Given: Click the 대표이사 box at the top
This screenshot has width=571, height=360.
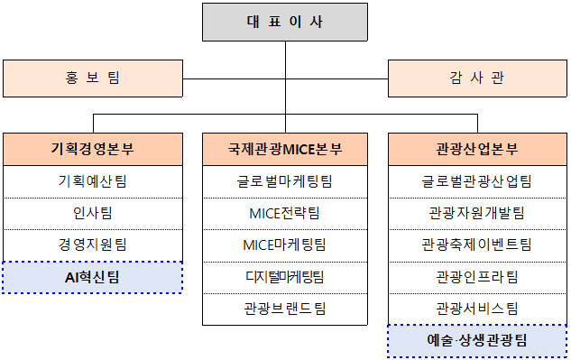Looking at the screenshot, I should [284, 22].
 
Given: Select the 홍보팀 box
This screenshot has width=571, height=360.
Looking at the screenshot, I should [92, 78].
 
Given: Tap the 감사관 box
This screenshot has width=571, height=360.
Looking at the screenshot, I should [477, 78].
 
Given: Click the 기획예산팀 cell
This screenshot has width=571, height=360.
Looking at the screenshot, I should [92, 181].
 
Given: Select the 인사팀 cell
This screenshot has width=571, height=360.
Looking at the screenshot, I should [92, 213].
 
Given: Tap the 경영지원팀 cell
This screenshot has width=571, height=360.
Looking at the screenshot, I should [92, 245].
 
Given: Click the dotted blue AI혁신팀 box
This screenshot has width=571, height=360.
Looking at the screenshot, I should [92, 277].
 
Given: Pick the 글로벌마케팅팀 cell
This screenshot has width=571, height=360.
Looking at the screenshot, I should [285, 181].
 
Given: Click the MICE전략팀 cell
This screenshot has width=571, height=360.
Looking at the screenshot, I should [285, 213].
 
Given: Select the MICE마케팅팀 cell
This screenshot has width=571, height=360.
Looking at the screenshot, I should [285, 245].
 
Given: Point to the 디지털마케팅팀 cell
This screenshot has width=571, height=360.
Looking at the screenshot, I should [285, 276].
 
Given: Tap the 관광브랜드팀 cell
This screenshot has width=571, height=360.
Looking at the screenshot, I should [285, 308].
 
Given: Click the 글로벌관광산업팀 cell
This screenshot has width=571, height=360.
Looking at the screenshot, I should [477, 181].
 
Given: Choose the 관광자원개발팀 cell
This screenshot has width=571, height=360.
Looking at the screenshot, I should [477, 213].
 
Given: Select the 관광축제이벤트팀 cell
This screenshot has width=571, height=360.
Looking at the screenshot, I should [477, 245].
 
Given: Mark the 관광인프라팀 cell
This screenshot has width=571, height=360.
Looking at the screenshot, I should [477, 276].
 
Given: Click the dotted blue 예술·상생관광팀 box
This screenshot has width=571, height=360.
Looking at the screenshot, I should [477, 340].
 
